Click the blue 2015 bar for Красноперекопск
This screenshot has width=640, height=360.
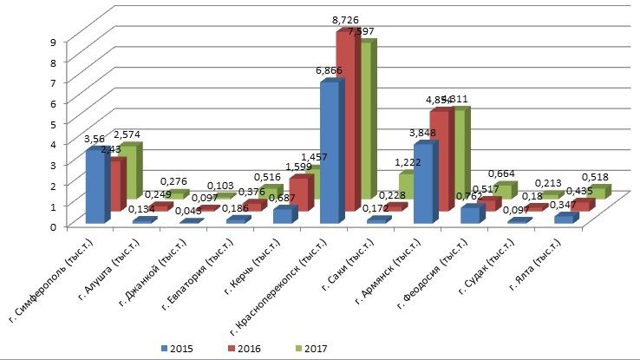[330, 152]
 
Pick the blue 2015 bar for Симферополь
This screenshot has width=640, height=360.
[96, 186]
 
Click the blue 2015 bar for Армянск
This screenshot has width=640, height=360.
[425, 182]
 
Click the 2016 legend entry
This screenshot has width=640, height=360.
[245, 348]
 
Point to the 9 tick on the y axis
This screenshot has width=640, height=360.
[54, 41]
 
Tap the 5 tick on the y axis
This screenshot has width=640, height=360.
[54, 123]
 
